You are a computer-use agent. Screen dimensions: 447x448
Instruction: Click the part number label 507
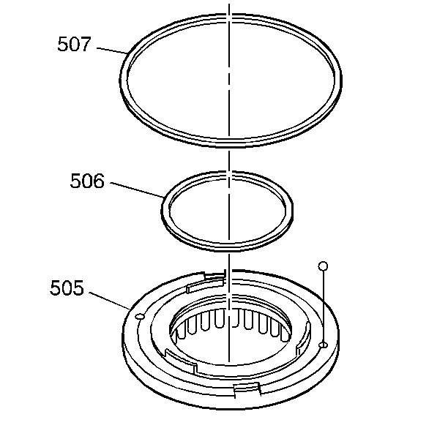click(x=74, y=45)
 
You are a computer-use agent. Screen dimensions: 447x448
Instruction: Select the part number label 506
click(x=87, y=181)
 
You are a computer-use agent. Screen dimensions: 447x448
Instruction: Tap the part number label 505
click(x=67, y=288)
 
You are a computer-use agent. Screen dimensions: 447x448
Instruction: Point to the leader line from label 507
click(x=111, y=50)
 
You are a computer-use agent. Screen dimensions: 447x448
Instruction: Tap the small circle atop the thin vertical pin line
click(x=323, y=265)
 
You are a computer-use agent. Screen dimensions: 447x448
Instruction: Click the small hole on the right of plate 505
click(x=323, y=344)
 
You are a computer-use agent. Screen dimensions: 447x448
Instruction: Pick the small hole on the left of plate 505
click(x=138, y=316)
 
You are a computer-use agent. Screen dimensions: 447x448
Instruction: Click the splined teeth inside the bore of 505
click(x=227, y=322)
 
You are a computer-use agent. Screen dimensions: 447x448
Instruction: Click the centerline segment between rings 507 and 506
click(x=230, y=158)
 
